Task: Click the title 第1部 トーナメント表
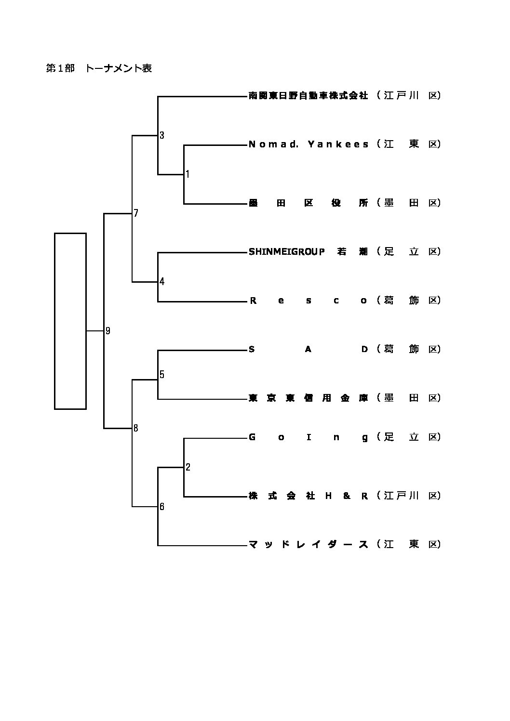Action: pyautogui.click(x=99, y=68)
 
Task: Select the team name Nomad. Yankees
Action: pyautogui.click(x=309, y=144)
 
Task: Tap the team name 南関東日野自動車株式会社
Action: pyautogui.click(x=308, y=95)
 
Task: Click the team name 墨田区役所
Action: pyautogui.click(x=308, y=203)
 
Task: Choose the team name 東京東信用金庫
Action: pyautogui.click(x=308, y=398)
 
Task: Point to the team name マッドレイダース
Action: pyautogui.click(x=308, y=544)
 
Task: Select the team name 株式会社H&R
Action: pyautogui.click(x=308, y=496)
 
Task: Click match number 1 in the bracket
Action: pyautogui.click(x=188, y=174)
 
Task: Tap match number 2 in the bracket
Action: pyautogui.click(x=188, y=467)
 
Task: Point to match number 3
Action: pyautogui.click(x=162, y=135)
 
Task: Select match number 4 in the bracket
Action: pyautogui.click(x=162, y=282)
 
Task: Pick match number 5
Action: pyautogui.click(x=162, y=374)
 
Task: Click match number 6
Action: pyautogui.click(x=162, y=506)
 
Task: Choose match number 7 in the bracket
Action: pyautogui.click(x=136, y=213)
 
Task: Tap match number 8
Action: pyautogui.click(x=136, y=428)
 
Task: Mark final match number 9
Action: pyautogui.click(x=108, y=330)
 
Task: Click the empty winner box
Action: pyautogui.click(x=70, y=321)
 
